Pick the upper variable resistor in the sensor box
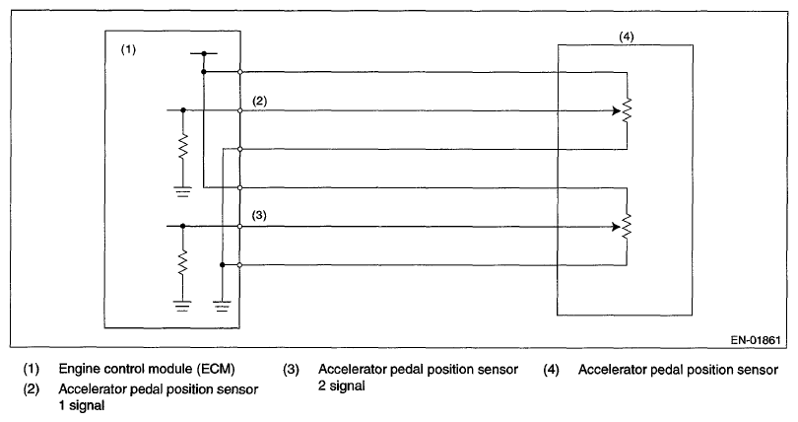[x=627, y=110]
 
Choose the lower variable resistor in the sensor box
[x=627, y=226]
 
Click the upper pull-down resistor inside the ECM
[x=183, y=148]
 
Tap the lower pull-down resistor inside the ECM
[x=183, y=262]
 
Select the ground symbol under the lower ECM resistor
[x=183, y=305]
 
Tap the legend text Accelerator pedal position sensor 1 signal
[x=160, y=396]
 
